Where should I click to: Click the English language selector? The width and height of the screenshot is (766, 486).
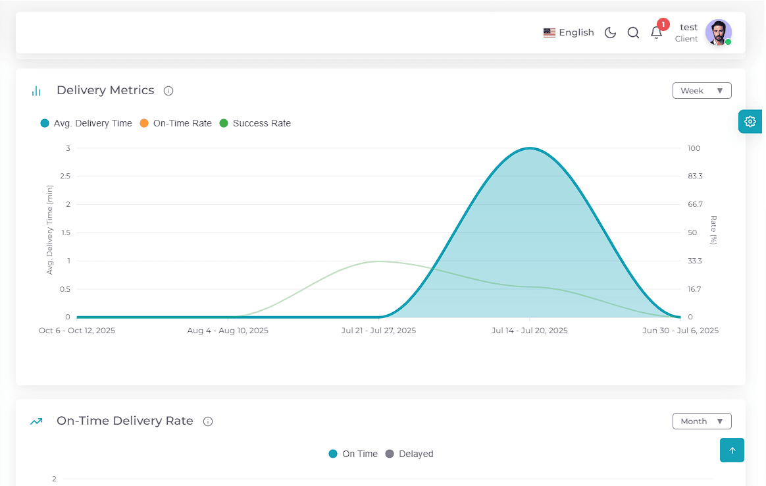click(569, 33)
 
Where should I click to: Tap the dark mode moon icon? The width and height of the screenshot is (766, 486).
click(610, 33)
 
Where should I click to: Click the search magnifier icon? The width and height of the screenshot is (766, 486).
click(633, 33)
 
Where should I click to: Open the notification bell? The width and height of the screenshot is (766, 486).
click(657, 32)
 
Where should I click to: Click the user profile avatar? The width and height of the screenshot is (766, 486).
click(718, 32)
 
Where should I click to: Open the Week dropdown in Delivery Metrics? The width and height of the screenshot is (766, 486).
click(702, 90)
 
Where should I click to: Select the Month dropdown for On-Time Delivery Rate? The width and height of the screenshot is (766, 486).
click(702, 421)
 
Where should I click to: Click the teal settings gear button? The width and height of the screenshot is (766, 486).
click(750, 121)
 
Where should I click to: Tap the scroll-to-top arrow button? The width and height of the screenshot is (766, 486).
click(732, 450)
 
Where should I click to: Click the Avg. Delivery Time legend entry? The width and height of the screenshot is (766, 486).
click(86, 123)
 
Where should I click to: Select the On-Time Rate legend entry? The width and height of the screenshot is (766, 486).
click(176, 123)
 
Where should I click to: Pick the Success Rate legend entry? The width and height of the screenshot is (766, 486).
click(255, 123)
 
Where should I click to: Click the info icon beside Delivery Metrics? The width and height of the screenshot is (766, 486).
click(168, 91)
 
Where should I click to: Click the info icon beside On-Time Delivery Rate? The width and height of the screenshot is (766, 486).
click(208, 421)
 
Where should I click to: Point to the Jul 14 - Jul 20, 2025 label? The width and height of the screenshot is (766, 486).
click(530, 331)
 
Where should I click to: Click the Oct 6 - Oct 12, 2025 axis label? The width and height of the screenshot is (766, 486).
click(77, 331)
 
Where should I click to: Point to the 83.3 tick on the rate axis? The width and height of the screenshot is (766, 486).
click(695, 176)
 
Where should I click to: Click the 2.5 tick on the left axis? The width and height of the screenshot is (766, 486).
click(65, 176)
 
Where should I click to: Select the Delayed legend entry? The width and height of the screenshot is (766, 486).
click(409, 454)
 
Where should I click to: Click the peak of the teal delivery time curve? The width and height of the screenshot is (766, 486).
click(530, 148)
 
